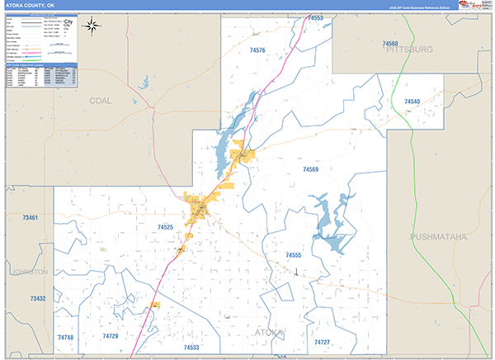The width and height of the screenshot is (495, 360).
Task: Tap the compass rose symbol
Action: pos(93,25)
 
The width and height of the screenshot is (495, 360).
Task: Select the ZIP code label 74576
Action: pos(257,50)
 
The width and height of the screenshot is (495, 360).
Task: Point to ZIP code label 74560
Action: pos(390,43)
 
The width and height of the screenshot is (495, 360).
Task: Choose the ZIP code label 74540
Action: pos(412,101)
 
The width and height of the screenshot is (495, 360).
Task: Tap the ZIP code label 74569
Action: pos(310,169)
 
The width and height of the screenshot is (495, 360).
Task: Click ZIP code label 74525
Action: pos(165,226)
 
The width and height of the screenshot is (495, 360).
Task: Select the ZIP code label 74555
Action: pos(293,256)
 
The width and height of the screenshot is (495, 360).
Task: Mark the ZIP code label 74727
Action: pos(322,342)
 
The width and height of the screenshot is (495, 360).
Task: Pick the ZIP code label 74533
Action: pos(191,348)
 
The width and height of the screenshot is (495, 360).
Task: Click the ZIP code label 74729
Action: pos(111,337)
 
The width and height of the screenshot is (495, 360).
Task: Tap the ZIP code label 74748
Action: pos(65,338)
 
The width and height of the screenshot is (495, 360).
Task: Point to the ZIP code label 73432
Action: pos(38,298)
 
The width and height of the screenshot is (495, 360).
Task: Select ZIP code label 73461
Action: pos(31,218)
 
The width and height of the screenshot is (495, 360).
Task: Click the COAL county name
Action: pos(100,100)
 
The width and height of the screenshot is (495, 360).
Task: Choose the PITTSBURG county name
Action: pos(408,50)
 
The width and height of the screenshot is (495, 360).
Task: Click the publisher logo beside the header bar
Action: pos(476,6)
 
